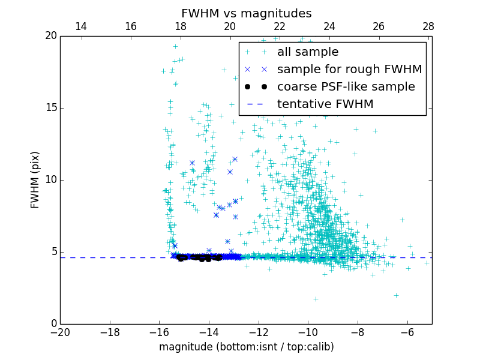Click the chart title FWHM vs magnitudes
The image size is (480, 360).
[246, 13]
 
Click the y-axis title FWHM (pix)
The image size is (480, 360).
[35, 180]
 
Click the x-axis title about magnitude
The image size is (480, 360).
[246, 347]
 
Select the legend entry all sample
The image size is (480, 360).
[308, 52]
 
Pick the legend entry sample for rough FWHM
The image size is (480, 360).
[349, 69]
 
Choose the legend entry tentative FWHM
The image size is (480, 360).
[325, 104]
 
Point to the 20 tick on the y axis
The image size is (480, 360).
[50, 36]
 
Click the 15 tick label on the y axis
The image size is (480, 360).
[50, 108]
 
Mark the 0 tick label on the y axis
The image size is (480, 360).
[53, 324]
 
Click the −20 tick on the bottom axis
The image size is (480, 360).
[60, 332]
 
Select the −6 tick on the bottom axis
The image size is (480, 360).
[407, 332]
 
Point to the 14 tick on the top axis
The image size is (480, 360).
[81, 26]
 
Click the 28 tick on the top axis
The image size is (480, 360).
[428, 26]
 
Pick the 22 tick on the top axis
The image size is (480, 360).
[280, 26]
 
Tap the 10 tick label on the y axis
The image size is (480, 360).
[50, 180]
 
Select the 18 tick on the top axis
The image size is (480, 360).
[181, 26]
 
